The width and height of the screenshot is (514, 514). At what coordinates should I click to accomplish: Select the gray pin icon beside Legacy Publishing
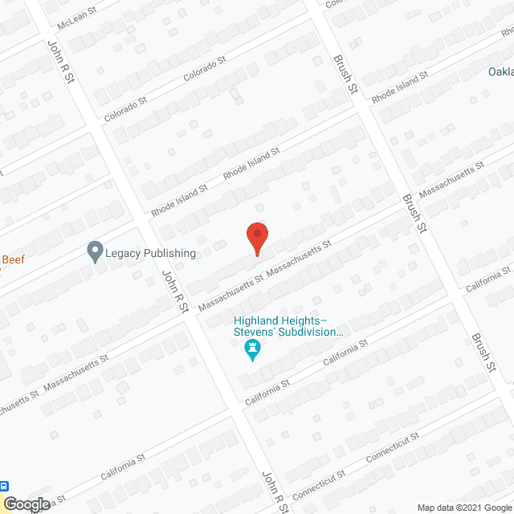click(x=95, y=252)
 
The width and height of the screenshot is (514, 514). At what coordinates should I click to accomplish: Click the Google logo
click(x=27, y=504)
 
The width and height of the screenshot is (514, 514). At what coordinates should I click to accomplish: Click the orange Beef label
click(x=12, y=259)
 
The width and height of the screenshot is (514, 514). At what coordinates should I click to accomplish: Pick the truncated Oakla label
click(x=500, y=71)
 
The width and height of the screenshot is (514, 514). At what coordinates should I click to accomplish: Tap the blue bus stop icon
click(x=5, y=486)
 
